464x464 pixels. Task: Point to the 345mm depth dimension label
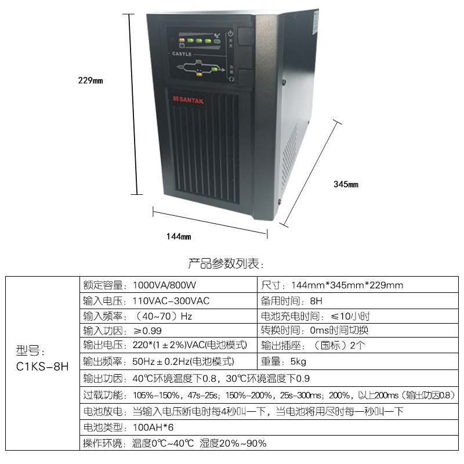pos(346,184)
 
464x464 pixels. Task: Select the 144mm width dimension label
pos(178,236)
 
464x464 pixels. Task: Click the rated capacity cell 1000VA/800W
pos(165,285)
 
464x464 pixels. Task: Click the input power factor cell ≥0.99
pos(147,331)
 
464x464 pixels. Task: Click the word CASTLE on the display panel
pos(182,53)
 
